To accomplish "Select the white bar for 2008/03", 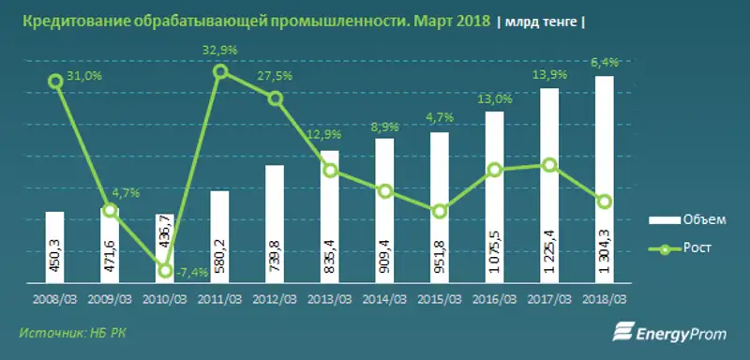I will [54, 247].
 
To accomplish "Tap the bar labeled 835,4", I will [329, 216].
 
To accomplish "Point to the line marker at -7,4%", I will [165, 271].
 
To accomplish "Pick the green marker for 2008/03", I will [55, 82].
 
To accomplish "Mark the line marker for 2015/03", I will [439, 212].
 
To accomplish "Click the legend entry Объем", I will [687, 219].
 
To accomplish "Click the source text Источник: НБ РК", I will [64, 333].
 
